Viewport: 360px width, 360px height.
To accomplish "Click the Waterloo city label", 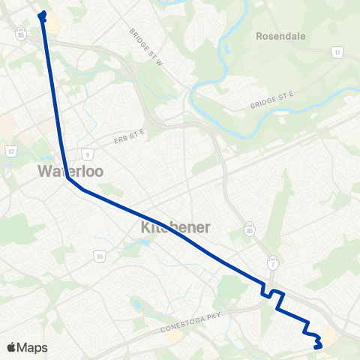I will point(70,171).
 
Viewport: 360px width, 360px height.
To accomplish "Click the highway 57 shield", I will point(11,151).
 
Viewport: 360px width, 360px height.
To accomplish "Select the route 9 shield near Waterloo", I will point(88,155).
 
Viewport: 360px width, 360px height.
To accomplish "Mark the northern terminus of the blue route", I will point(42,13).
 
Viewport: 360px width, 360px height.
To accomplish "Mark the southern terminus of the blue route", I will point(318,346).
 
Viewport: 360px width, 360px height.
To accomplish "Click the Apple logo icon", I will point(10,347).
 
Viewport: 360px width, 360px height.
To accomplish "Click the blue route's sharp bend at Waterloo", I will point(67,178).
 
